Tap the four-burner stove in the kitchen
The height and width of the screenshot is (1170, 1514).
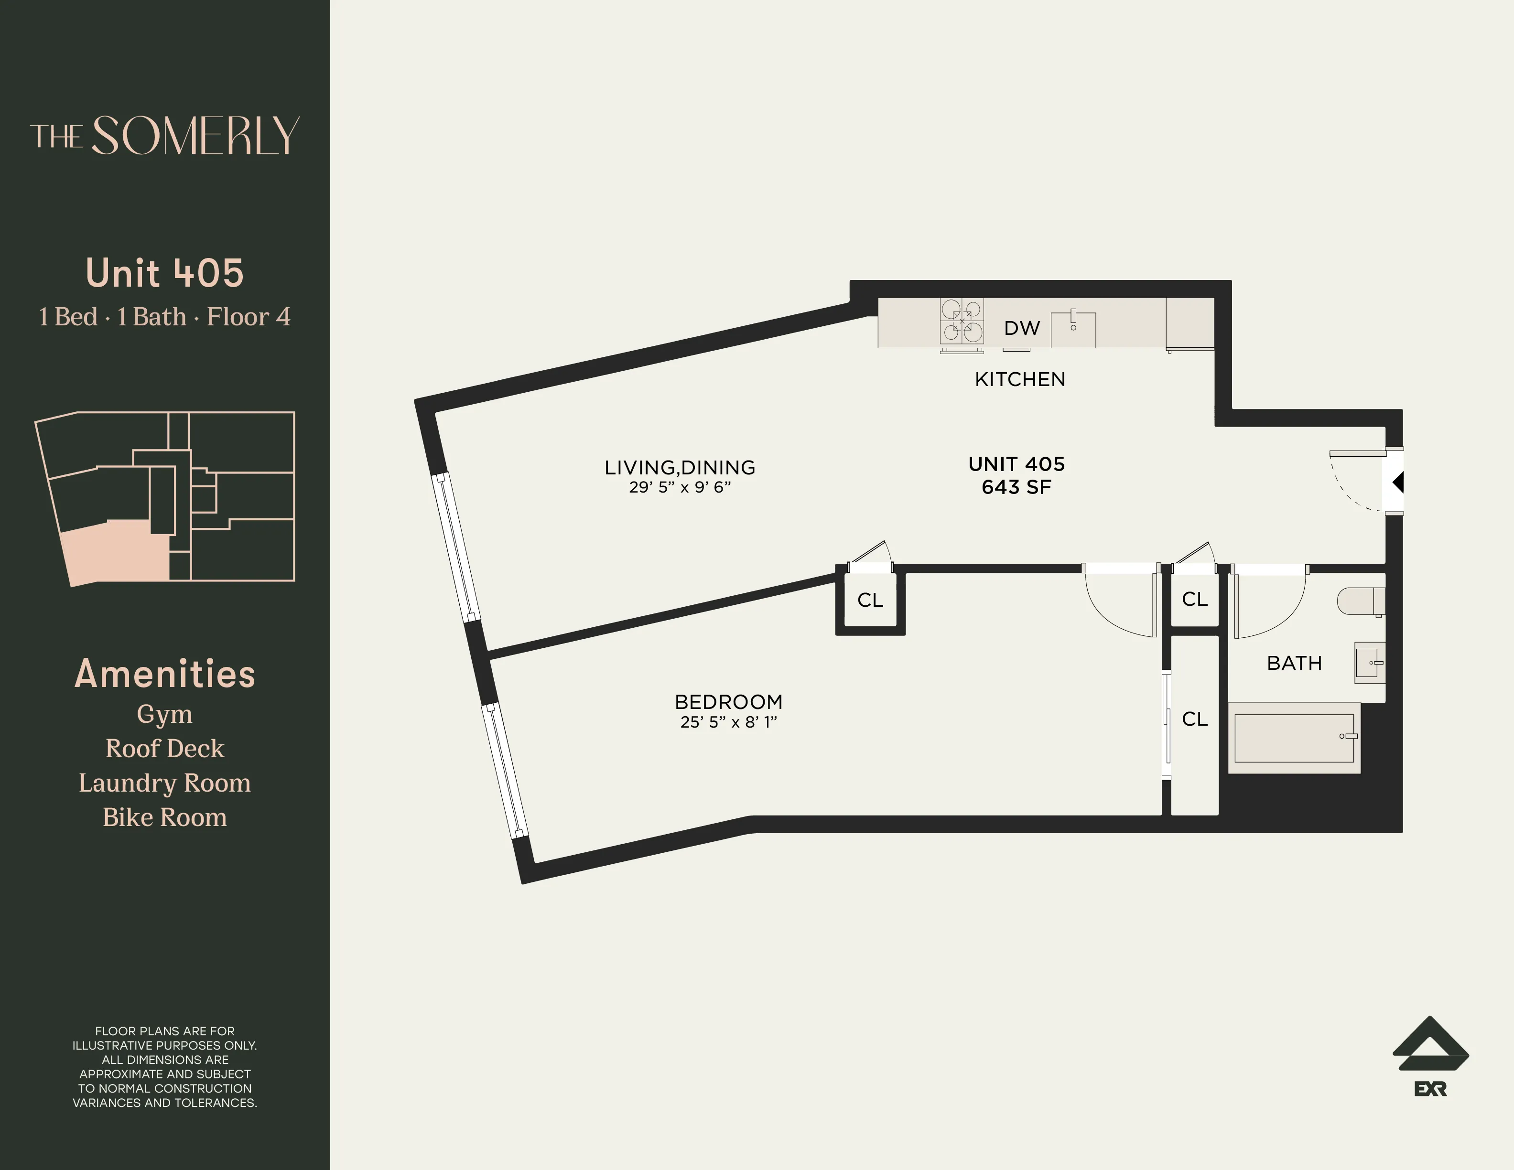coord(962,322)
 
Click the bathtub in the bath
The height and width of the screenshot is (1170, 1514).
coord(1294,738)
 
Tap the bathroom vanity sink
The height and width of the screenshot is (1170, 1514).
coord(1370,663)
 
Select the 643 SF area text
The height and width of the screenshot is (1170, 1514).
coord(1017,487)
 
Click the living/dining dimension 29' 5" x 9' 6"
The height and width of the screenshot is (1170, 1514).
coord(680,487)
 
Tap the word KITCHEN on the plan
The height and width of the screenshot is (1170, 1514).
coord(1020,379)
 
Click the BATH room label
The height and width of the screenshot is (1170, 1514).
coord(1294,663)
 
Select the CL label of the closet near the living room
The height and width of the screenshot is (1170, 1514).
coord(870,600)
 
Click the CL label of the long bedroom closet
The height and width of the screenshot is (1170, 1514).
coord(1194,719)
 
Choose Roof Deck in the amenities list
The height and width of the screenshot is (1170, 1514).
coord(164,749)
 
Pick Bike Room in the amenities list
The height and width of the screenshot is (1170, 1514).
coord(164,817)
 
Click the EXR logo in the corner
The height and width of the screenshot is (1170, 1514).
coord(1430,1056)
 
